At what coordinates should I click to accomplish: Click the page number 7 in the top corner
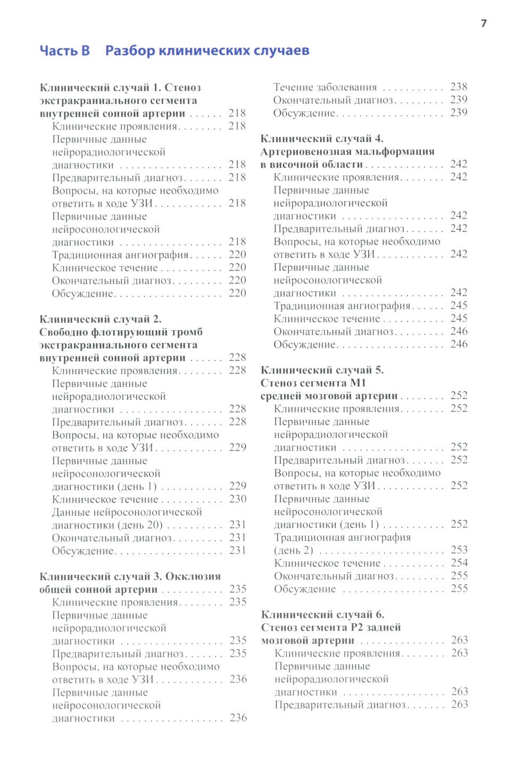click(x=484, y=23)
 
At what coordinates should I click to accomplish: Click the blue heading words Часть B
click(x=65, y=51)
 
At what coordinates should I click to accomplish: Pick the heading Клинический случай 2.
click(x=101, y=319)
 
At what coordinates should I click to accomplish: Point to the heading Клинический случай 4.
click(x=321, y=139)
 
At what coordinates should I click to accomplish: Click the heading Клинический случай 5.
click(x=322, y=370)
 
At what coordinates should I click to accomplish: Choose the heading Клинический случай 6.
click(x=322, y=615)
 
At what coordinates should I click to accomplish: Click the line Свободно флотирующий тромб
click(x=121, y=332)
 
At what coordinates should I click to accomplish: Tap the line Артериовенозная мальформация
click(x=347, y=152)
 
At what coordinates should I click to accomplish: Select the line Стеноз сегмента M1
click(x=313, y=383)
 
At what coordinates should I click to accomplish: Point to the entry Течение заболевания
click(x=325, y=87)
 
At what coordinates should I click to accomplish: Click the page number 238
click(x=459, y=87)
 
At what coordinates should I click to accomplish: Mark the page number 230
click(x=238, y=499)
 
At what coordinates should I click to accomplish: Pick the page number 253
click(x=459, y=550)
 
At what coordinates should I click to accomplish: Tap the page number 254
click(x=459, y=563)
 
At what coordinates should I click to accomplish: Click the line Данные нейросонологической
click(x=127, y=512)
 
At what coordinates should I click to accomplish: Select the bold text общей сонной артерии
click(x=98, y=589)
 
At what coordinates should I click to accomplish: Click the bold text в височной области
click(x=311, y=164)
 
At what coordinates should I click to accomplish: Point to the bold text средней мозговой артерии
click(x=329, y=396)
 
